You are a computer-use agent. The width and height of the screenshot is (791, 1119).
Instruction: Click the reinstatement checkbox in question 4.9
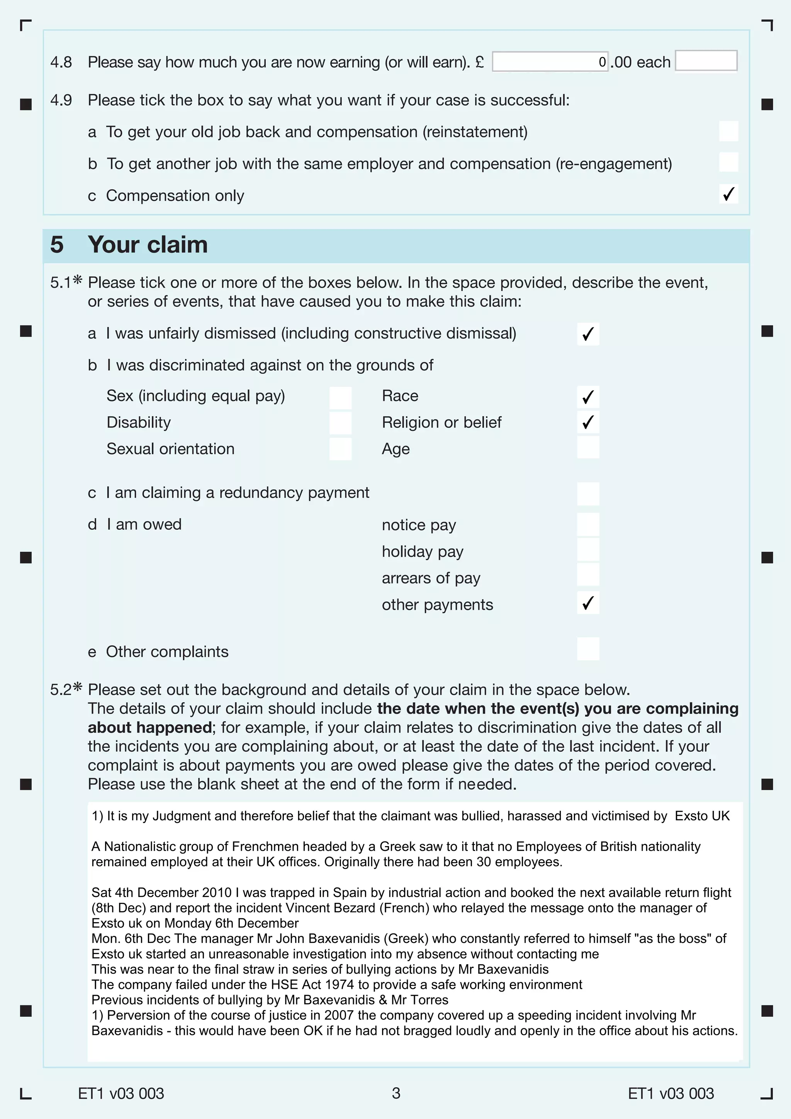click(728, 131)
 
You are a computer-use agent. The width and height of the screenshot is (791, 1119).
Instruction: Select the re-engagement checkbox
click(728, 162)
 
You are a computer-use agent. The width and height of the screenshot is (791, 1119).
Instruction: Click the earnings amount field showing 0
click(550, 62)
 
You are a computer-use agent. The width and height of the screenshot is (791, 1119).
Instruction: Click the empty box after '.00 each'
click(706, 61)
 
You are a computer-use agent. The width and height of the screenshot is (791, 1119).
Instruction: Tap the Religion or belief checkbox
click(588, 422)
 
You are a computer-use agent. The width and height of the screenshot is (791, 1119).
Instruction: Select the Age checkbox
click(588, 448)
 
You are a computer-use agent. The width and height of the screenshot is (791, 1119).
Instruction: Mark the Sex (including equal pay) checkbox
click(340, 398)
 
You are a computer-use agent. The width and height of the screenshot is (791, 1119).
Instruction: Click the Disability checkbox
click(340, 423)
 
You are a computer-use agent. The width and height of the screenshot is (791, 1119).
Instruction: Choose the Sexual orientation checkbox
click(340, 449)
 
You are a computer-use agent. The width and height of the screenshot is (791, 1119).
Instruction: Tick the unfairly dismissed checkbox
click(588, 334)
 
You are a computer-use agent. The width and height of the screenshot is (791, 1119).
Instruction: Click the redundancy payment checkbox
click(588, 494)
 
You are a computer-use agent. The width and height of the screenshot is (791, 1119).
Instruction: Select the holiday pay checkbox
click(588, 550)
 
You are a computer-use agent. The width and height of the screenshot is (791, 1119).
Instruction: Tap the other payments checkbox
click(588, 603)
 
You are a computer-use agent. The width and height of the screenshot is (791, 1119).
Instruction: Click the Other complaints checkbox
click(588, 649)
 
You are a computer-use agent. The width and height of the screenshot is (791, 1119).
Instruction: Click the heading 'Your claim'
click(148, 245)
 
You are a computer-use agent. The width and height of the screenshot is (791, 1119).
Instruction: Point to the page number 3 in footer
click(396, 1093)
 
